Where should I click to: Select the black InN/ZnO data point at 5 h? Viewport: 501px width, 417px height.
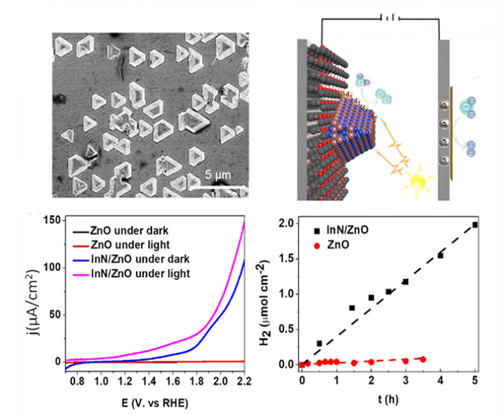[x=475, y=225]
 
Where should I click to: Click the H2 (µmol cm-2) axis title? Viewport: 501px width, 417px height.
[x=265, y=294]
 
